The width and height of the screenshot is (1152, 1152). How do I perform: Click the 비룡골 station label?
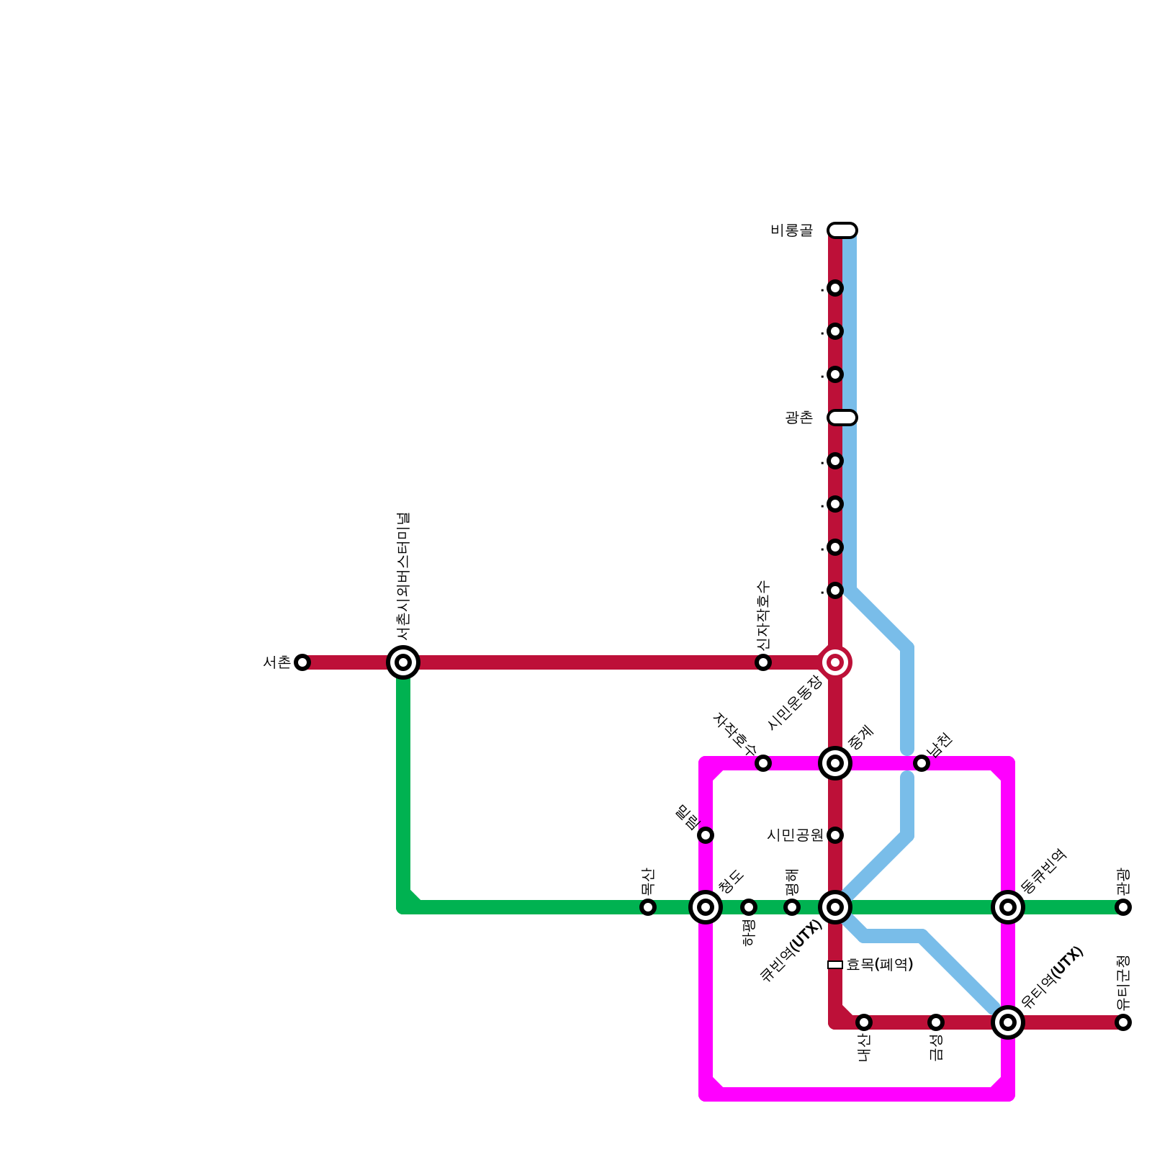(791, 230)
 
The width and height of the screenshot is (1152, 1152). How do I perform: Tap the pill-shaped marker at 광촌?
(842, 418)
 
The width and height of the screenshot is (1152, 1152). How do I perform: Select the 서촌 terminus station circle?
(302, 662)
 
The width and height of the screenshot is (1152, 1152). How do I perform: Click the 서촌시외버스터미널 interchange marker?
(403, 662)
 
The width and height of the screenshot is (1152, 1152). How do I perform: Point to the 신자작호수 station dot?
(763, 662)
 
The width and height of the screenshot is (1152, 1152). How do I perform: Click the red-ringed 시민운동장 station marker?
(835, 662)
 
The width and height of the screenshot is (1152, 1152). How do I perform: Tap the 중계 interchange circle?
(835, 763)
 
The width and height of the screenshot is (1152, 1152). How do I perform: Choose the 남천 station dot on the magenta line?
(922, 763)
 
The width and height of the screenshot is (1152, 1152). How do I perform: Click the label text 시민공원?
(795, 835)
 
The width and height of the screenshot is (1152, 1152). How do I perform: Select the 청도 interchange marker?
(706, 907)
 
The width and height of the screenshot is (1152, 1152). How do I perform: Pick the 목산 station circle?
(648, 907)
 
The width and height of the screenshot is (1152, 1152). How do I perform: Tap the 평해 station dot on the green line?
(792, 907)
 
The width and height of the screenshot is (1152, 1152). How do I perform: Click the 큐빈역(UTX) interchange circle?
(835, 907)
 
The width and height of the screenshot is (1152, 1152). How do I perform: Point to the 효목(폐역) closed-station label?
(880, 965)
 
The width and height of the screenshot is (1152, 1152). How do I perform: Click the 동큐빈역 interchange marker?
(1008, 907)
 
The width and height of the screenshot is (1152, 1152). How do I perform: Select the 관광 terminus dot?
(1123, 907)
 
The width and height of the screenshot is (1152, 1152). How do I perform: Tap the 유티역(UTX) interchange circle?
(1008, 1022)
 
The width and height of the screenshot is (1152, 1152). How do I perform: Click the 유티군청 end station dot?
(1123, 1022)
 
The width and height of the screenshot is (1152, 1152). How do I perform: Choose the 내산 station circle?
(864, 1022)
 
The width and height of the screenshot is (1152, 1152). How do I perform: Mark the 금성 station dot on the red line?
(936, 1022)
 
